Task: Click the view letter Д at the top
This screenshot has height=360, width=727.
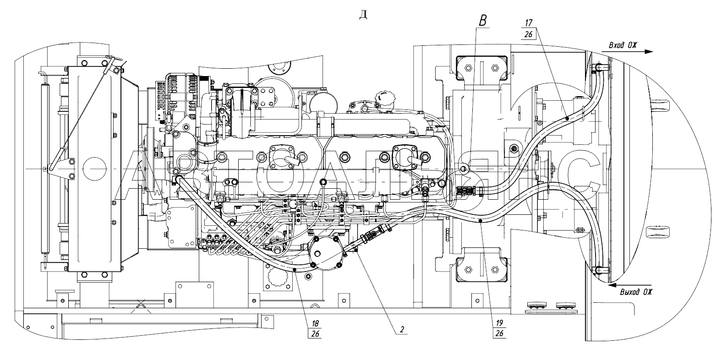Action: pyautogui.click(x=363, y=15)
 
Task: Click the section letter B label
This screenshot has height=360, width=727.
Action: pyautogui.click(x=483, y=21)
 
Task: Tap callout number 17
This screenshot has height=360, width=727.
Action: pyautogui.click(x=528, y=23)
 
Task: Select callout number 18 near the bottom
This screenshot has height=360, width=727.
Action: pyautogui.click(x=315, y=323)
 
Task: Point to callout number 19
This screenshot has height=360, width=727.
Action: pyautogui.click(x=499, y=322)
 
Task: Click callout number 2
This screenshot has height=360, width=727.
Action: pyautogui.click(x=402, y=329)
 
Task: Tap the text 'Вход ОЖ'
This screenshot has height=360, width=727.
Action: pyautogui.click(x=623, y=45)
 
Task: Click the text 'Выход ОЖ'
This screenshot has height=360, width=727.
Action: pyautogui.click(x=636, y=292)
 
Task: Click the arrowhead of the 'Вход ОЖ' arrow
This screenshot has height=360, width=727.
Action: pyautogui.click(x=649, y=52)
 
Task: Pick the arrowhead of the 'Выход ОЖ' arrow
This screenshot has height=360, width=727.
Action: pyautogui.click(x=612, y=285)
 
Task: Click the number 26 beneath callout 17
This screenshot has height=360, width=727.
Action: pyautogui.click(x=528, y=34)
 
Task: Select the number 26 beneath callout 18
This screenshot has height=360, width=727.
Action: pyautogui.click(x=315, y=334)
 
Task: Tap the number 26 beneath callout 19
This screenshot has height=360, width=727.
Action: pyautogui.click(x=499, y=333)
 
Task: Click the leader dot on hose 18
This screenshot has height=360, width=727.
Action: pyautogui.click(x=295, y=270)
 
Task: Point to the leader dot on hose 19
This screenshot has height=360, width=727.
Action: pyautogui.click(x=481, y=221)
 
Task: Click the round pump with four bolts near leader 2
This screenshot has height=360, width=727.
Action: pyautogui.click(x=326, y=253)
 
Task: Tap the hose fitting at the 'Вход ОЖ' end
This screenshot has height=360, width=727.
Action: pyautogui.click(x=597, y=67)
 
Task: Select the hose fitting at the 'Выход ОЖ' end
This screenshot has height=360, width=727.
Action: pyautogui.click(x=598, y=269)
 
